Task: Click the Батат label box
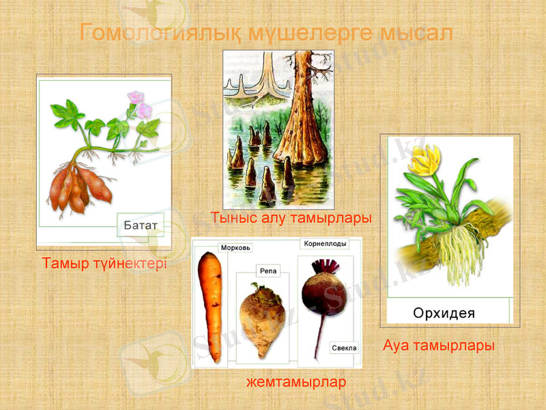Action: (141, 224)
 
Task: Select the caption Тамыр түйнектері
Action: (104, 263)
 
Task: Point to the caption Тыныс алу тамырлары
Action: (291, 219)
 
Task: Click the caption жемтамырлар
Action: (296, 382)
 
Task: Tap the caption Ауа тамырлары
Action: (438, 346)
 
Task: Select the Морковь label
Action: (236, 247)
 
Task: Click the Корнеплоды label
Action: (324, 243)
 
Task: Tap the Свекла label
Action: (344, 348)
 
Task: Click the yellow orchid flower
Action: (429, 160)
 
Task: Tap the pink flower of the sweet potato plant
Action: (142, 107)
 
